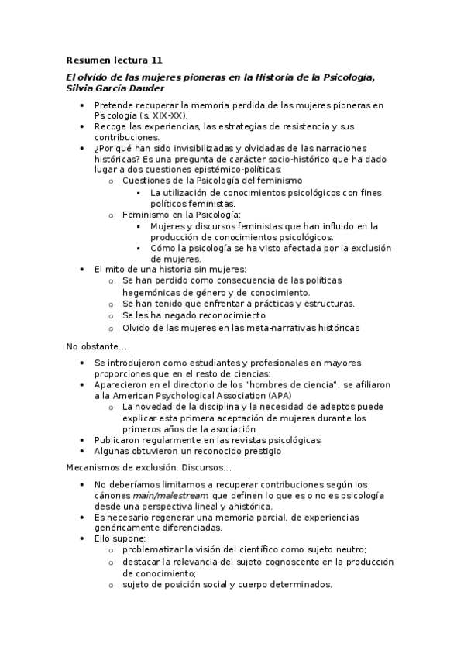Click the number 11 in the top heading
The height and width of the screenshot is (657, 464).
[157, 60]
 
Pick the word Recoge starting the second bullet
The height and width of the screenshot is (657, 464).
[111, 126]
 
